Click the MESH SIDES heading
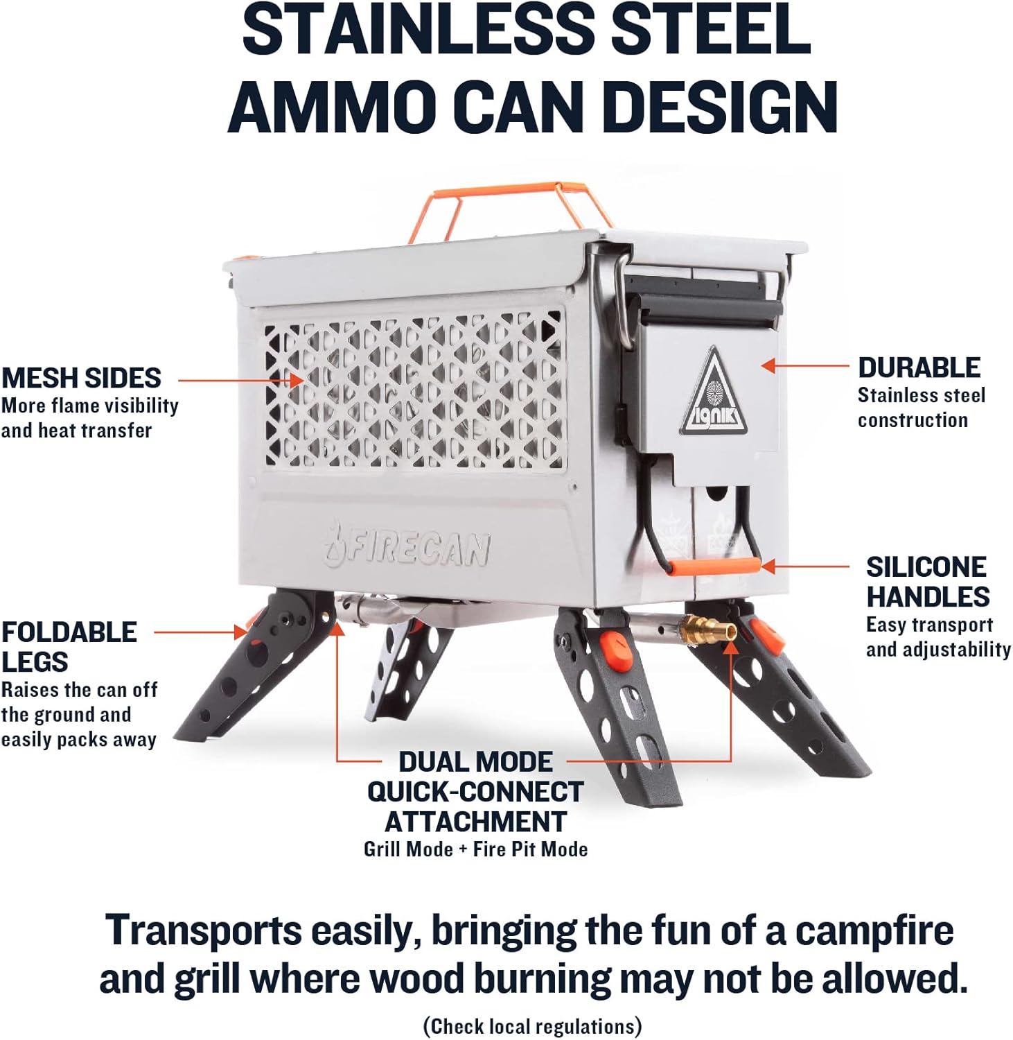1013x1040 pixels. pos(81,378)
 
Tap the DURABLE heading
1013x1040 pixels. pos(919,367)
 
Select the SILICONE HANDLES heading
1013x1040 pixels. pos(928,582)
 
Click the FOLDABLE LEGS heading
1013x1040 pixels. pos(69,647)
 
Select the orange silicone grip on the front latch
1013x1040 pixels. pos(714,566)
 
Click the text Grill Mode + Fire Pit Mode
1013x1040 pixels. pos(476,849)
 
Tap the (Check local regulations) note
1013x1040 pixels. pos(533,1026)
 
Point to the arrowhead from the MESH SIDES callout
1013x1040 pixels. pos(297,380)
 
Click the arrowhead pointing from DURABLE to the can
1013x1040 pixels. pos(768,365)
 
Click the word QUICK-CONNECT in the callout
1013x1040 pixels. pos(475,792)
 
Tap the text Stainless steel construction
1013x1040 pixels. pos(922,408)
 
